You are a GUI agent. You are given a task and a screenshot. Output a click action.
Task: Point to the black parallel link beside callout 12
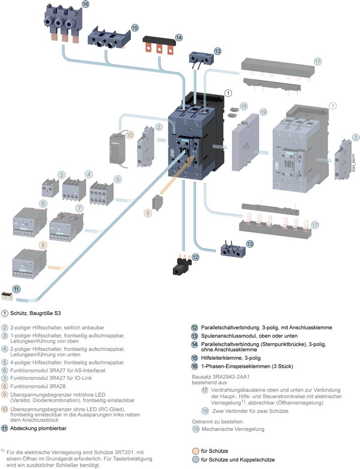point(180,265)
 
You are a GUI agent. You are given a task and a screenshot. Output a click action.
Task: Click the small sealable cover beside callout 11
point(7,295)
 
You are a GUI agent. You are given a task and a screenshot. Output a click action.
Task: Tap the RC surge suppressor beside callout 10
point(117,149)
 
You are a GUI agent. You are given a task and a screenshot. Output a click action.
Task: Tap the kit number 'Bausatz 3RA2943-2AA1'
point(220,377)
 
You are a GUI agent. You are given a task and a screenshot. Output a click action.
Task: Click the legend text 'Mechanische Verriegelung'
point(232,429)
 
